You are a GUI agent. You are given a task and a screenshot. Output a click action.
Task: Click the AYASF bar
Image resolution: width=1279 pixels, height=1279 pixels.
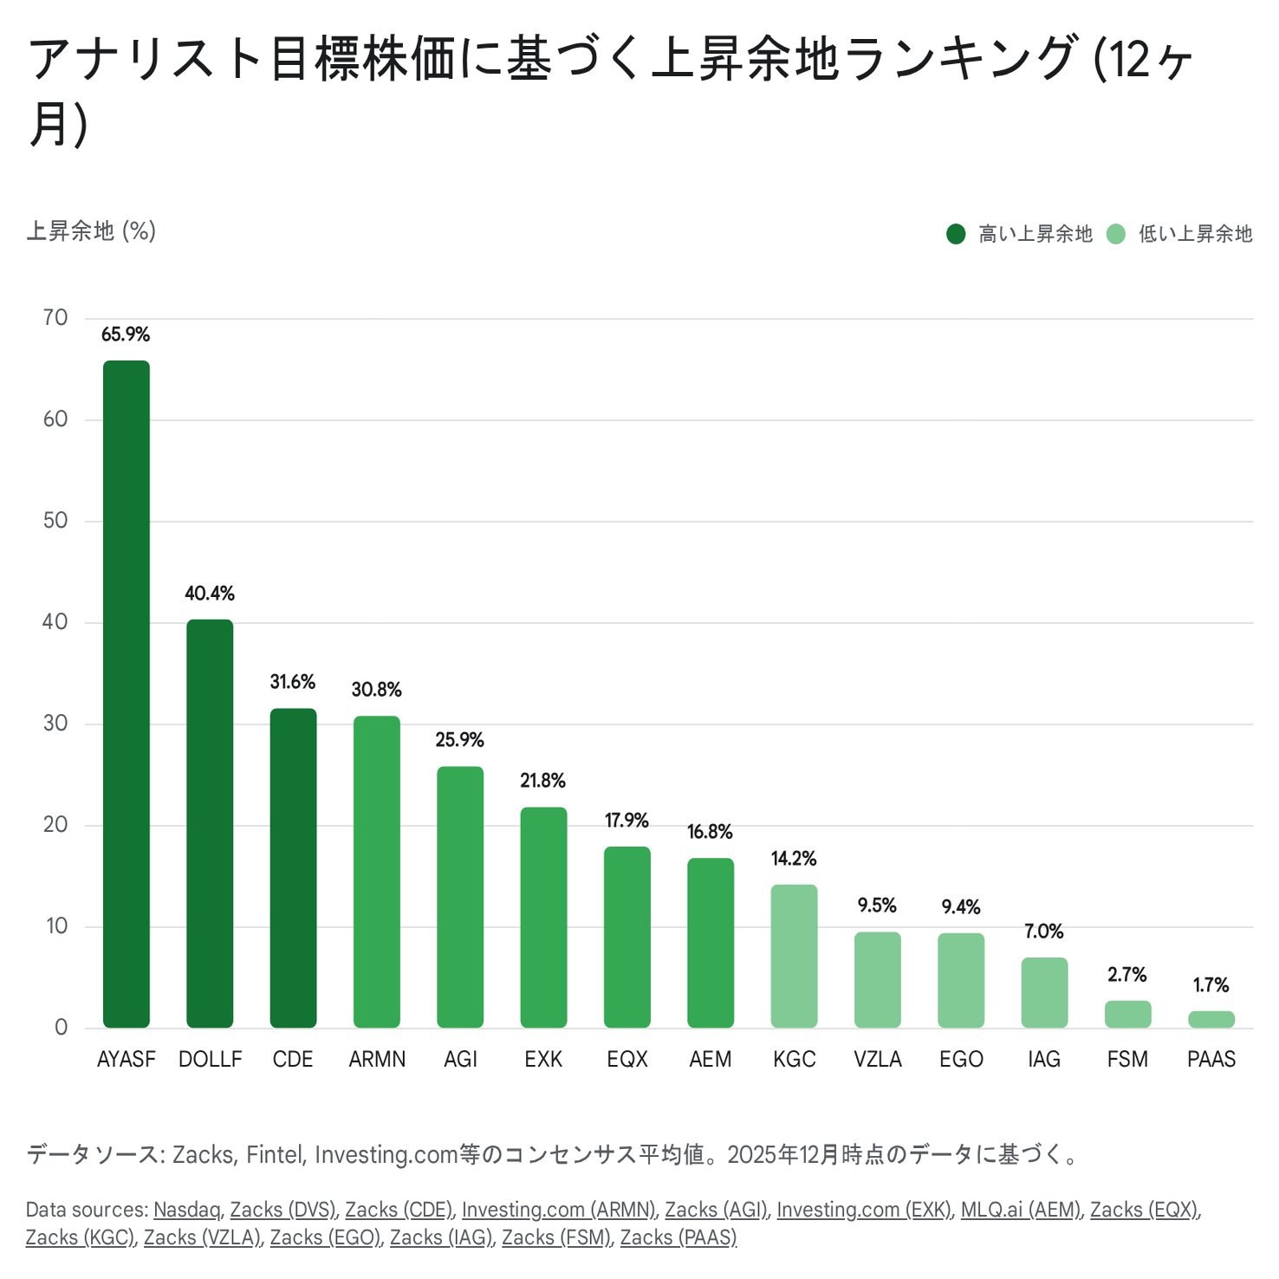(127, 693)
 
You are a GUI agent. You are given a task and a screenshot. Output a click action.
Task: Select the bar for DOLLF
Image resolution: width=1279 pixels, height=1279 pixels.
(210, 823)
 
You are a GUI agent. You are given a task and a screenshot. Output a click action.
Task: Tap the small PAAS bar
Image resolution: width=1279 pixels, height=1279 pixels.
(1211, 1019)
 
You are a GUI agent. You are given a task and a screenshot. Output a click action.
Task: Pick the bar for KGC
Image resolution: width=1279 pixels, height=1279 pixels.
(794, 956)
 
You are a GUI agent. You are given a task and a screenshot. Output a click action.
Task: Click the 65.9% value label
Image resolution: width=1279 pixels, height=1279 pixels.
(126, 334)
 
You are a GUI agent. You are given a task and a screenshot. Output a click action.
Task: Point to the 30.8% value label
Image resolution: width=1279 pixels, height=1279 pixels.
(376, 690)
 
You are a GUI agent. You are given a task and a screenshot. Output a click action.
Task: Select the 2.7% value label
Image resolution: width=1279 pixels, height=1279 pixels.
(1126, 975)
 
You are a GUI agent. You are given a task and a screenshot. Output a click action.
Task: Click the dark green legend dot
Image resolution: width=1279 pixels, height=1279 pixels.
(956, 234)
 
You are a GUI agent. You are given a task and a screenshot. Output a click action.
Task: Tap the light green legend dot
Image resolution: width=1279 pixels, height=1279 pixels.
(1116, 234)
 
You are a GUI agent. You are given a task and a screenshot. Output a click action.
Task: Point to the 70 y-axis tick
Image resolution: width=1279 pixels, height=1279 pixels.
(55, 318)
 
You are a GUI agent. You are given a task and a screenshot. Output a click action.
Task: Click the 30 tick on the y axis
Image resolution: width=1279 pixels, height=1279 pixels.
(55, 724)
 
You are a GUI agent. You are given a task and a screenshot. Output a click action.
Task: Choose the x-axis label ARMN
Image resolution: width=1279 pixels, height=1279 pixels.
(377, 1059)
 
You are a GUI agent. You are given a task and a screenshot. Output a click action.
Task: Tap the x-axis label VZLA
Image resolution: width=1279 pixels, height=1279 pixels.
(877, 1059)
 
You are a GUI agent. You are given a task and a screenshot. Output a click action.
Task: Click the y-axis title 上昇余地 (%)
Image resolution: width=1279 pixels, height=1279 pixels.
(91, 231)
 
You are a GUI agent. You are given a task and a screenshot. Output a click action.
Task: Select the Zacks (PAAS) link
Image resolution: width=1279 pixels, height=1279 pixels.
(678, 1237)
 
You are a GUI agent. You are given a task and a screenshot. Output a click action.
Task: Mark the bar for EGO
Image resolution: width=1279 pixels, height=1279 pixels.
(961, 980)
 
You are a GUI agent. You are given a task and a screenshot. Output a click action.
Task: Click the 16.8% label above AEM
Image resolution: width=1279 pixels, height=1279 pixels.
(710, 832)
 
